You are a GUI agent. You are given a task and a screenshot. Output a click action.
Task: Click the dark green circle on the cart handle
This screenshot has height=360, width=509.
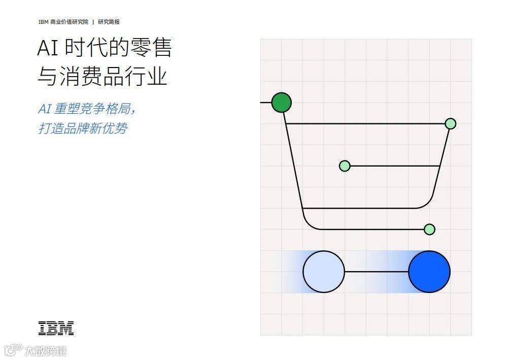pos(281,103)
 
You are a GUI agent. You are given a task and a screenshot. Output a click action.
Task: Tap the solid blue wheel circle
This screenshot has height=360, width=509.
pos(429,272)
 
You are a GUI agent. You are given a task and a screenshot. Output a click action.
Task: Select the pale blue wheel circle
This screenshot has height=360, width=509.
pos(323,272)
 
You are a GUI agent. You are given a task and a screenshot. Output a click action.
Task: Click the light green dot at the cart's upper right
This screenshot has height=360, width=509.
pos(450,123)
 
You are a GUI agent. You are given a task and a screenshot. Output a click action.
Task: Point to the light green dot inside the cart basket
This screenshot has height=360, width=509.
pos(345,166)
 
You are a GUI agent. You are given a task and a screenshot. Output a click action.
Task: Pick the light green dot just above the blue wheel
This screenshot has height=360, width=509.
pos(429,229)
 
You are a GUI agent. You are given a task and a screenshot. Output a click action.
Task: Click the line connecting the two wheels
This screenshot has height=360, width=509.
pos(376,272)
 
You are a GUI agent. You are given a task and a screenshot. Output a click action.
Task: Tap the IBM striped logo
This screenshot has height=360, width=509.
pos(56,329)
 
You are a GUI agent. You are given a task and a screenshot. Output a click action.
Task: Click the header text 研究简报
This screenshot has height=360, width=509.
pos(109,22)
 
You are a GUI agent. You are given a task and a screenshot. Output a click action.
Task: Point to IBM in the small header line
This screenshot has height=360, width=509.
pos(43,22)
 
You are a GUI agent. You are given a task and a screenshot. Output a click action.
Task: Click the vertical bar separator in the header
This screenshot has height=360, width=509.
pos(93,22)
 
